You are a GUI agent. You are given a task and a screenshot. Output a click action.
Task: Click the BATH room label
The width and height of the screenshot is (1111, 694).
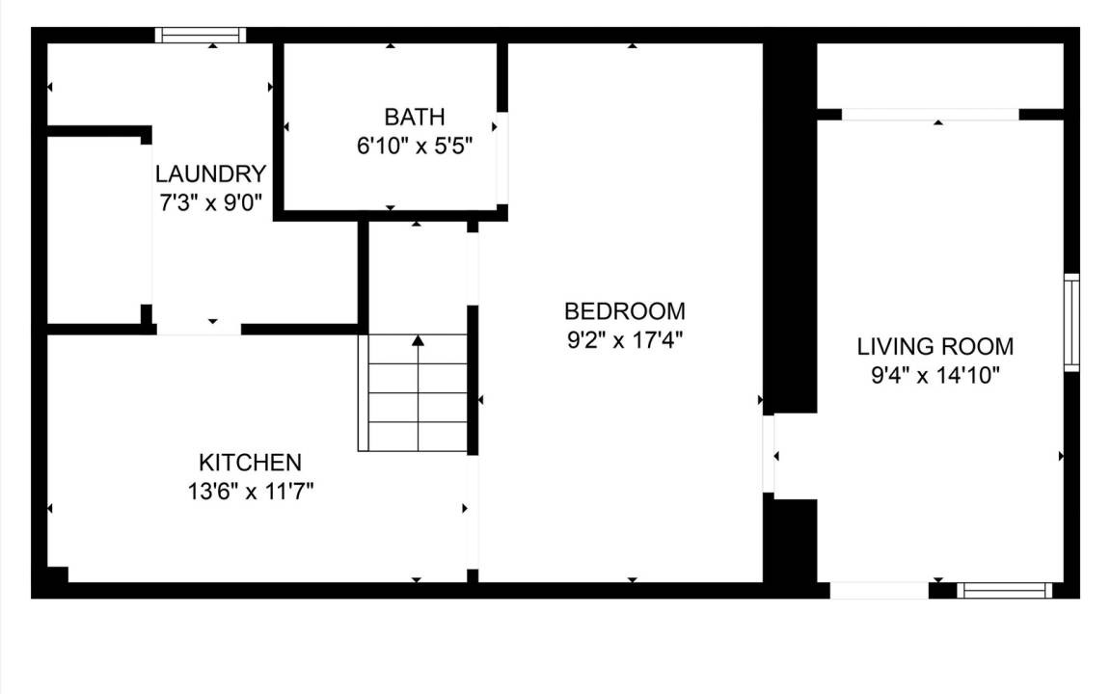coord(415,116)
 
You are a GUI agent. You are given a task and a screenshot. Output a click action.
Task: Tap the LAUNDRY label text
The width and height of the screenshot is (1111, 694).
coord(210,173)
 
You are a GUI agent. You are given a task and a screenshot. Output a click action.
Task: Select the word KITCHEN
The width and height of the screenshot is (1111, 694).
coord(250,463)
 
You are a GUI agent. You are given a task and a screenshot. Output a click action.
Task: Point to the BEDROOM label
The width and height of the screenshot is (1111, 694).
coord(624,311)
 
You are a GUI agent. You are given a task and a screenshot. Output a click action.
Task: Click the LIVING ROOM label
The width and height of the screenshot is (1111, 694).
coord(935,346)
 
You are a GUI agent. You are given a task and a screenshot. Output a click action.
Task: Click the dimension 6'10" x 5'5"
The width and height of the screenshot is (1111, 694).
coord(415,146)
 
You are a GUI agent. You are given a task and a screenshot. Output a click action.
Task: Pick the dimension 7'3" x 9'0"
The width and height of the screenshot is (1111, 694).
coord(210,203)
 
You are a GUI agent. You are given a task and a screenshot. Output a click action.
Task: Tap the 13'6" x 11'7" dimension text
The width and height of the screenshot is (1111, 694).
coord(250,492)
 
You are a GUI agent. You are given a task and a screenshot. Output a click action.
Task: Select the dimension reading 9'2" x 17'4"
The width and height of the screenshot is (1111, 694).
coord(624,340)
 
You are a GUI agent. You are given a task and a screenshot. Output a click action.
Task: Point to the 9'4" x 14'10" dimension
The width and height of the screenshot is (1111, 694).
coord(935,375)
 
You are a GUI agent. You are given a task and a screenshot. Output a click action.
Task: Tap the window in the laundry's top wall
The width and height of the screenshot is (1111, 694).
coord(201,36)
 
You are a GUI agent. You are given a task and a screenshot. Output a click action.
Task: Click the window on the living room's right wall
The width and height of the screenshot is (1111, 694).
coord(1072,322)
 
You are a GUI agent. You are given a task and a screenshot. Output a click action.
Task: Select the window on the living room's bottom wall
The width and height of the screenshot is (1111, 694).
coord(1005,591)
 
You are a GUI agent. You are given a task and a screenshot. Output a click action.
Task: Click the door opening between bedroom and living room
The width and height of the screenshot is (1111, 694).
coord(768,453)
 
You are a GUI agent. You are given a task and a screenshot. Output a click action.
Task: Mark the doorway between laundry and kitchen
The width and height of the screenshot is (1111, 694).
coord(199,330)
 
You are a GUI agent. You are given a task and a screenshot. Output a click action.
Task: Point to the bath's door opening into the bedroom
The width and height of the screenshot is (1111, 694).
coord(501,158)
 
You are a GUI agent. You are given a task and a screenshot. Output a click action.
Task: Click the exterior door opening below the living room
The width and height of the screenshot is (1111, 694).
coord(880,591)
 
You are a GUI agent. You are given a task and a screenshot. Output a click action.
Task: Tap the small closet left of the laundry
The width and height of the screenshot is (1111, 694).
coord(96,229)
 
